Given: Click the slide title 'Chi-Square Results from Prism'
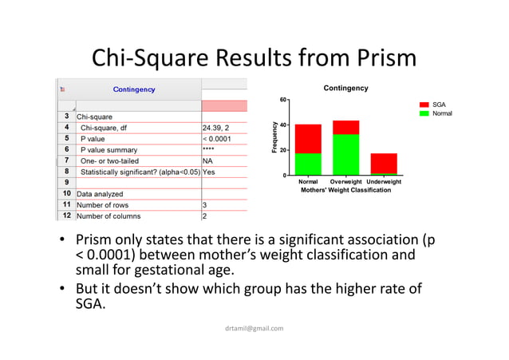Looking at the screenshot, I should (x=254, y=57).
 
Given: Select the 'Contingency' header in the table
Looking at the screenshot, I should (x=133, y=89).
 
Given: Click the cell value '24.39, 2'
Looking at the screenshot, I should (x=218, y=127).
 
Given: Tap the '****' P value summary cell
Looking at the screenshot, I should (x=209, y=149).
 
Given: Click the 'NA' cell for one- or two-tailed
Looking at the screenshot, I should (x=208, y=160).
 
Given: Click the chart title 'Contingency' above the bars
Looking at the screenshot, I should (x=345, y=88).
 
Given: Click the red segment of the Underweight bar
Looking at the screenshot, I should (x=383, y=163).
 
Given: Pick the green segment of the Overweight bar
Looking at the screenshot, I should (x=345, y=154).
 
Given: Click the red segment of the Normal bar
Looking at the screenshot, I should (x=308, y=138).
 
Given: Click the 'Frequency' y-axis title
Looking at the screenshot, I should (x=274, y=137).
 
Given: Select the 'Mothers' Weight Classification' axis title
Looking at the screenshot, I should (x=345, y=191).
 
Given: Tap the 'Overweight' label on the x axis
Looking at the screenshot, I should (x=345, y=182).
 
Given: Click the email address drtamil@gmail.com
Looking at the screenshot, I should (x=254, y=328).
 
